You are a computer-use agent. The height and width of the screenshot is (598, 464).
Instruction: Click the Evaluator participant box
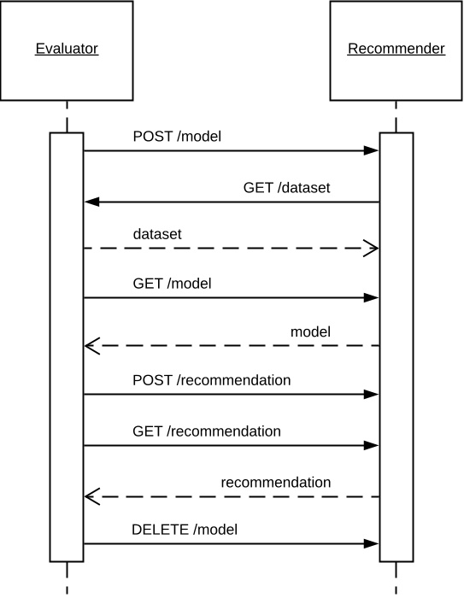tap(67, 50)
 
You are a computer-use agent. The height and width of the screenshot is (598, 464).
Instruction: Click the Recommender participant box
tap(396, 50)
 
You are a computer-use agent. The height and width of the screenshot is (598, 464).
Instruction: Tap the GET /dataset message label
tap(286, 187)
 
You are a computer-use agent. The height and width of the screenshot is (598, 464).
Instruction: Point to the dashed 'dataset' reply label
tap(156, 233)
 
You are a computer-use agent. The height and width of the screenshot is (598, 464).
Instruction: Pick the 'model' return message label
tap(310, 331)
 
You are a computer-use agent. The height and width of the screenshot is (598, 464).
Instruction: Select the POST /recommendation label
tap(212, 379)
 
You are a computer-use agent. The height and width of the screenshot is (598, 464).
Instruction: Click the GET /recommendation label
tap(207, 431)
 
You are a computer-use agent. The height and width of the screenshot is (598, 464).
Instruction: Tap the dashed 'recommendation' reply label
tap(275, 483)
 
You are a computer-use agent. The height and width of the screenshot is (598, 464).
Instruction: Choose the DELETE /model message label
tap(184, 530)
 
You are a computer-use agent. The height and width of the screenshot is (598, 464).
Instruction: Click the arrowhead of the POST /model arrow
tap(371, 151)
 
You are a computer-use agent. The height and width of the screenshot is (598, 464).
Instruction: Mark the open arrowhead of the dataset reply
tap(371, 249)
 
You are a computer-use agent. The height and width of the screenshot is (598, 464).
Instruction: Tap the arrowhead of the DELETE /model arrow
tap(371, 543)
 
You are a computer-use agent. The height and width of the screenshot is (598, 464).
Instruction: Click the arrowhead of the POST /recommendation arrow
tap(371, 395)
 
